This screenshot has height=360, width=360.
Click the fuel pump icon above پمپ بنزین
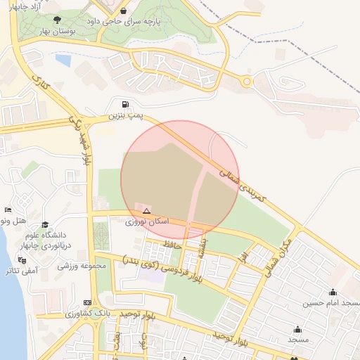click(126, 105)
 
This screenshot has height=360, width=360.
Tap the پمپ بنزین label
click(126, 115)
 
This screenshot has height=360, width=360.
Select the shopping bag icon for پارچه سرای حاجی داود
click(124, 11)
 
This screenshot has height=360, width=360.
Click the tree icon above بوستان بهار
click(57, 19)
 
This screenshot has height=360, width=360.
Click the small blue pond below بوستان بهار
click(63, 60)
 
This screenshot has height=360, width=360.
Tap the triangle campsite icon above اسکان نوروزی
click(146, 211)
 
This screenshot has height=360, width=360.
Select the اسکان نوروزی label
click(147, 221)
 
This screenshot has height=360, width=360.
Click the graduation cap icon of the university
click(45, 224)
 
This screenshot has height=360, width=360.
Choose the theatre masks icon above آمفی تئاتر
click(21, 259)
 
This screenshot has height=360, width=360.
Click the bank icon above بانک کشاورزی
click(86, 302)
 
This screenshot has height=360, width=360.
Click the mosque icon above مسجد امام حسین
click(333, 292)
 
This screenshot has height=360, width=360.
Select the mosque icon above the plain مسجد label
click(297, 329)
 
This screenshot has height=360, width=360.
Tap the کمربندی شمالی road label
click(243, 184)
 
